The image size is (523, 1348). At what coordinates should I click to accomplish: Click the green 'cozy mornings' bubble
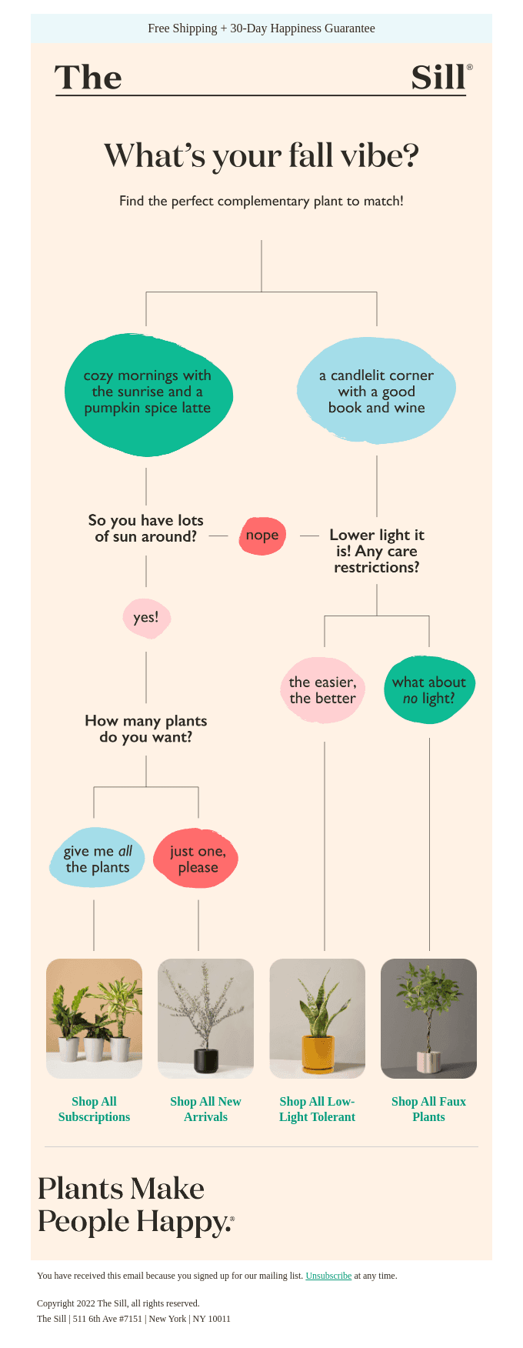coord(148,392)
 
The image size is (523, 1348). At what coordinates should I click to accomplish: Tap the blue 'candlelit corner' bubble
coord(376,392)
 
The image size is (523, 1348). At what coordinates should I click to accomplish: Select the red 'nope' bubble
coord(262,536)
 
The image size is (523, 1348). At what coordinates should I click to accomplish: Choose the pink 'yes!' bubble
coord(146,617)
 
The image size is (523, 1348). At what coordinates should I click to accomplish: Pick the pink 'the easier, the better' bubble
coord(322,690)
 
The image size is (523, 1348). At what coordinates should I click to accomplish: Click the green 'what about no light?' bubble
coord(429,690)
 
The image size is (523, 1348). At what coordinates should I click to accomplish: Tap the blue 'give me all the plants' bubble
coord(97,859)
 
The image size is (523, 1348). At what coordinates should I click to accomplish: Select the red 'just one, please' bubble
coord(198,859)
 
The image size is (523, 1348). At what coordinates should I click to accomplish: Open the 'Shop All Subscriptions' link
coord(94,1109)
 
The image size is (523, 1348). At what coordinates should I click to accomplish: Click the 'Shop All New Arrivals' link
coord(205,1109)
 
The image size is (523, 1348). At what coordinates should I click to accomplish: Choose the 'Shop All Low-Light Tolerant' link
coord(317,1109)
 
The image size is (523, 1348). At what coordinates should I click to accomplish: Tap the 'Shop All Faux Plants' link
coord(428,1109)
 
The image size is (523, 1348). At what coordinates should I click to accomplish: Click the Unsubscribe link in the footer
coord(328,1276)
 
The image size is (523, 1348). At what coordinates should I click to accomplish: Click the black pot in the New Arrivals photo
coord(205,1061)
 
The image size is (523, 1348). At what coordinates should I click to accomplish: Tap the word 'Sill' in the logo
coord(438,78)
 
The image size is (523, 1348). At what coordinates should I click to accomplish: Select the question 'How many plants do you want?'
coord(146,729)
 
